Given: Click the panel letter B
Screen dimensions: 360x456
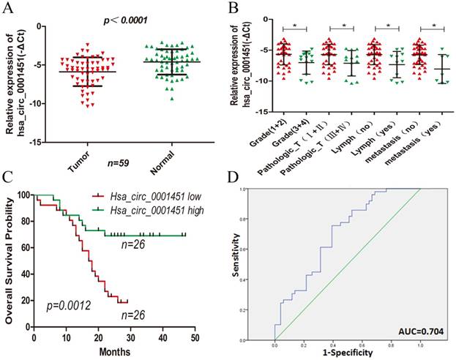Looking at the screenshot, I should click(x=235, y=9).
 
